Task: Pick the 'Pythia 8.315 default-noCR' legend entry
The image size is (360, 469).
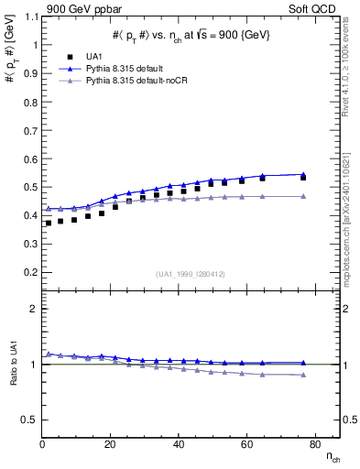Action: click(132, 81)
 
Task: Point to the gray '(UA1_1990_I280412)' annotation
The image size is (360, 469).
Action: click(191, 275)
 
